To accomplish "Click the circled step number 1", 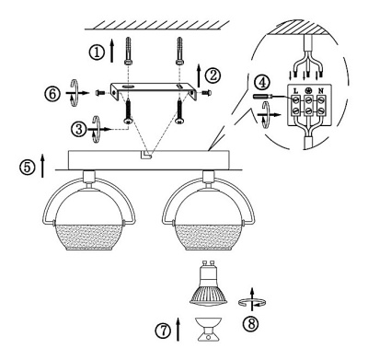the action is click(x=97, y=52).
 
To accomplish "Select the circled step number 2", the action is click(x=213, y=75).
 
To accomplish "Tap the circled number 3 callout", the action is click(x=79, y=129).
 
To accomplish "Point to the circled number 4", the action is click(x=261, y=83).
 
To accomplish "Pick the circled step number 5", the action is click(x=28, y=168).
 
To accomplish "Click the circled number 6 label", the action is click(x=52, y=94).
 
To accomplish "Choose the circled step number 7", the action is click(x=163, y=331).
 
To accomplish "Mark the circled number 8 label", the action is click(x=250, y=323).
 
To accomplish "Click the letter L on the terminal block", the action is click(x=295, y=90).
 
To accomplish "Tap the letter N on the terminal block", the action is click(x=321, y=90).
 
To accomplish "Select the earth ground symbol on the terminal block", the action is click(x=308, y=90).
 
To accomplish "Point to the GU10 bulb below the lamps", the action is click(x=209, y=284).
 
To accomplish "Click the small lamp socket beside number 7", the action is click(x=208, y=329).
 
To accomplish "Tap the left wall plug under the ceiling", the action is click(x=128, y=51).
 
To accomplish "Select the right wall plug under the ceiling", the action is click(x=179, y=51).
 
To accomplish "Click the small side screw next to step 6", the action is click(x=100, y=92).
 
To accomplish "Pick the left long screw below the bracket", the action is click(x=129, y=112).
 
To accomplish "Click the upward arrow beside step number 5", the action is click(x=42, y=166).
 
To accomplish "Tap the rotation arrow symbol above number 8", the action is click(x=252, y=300).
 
